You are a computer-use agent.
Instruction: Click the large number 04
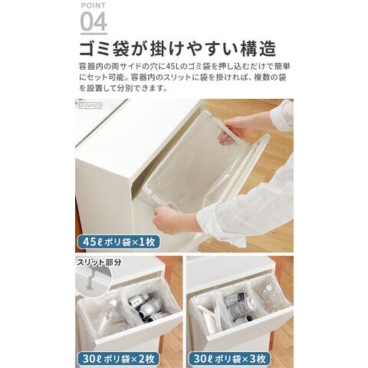(94, 21)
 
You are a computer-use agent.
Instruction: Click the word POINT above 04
(94, 5)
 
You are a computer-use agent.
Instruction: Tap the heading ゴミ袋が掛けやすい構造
(178, 48)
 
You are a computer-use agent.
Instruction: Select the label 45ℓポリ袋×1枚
(119, 242)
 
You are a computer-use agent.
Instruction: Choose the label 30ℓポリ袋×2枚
(118, 359)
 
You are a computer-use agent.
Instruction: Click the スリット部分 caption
(99, 262)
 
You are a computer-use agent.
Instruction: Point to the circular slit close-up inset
(94, 278)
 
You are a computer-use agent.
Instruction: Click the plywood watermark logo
(90, 104)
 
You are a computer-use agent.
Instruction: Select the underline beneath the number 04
(94, 34)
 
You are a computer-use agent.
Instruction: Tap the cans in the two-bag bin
(147, 308)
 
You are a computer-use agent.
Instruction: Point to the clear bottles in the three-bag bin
(269, 297)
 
